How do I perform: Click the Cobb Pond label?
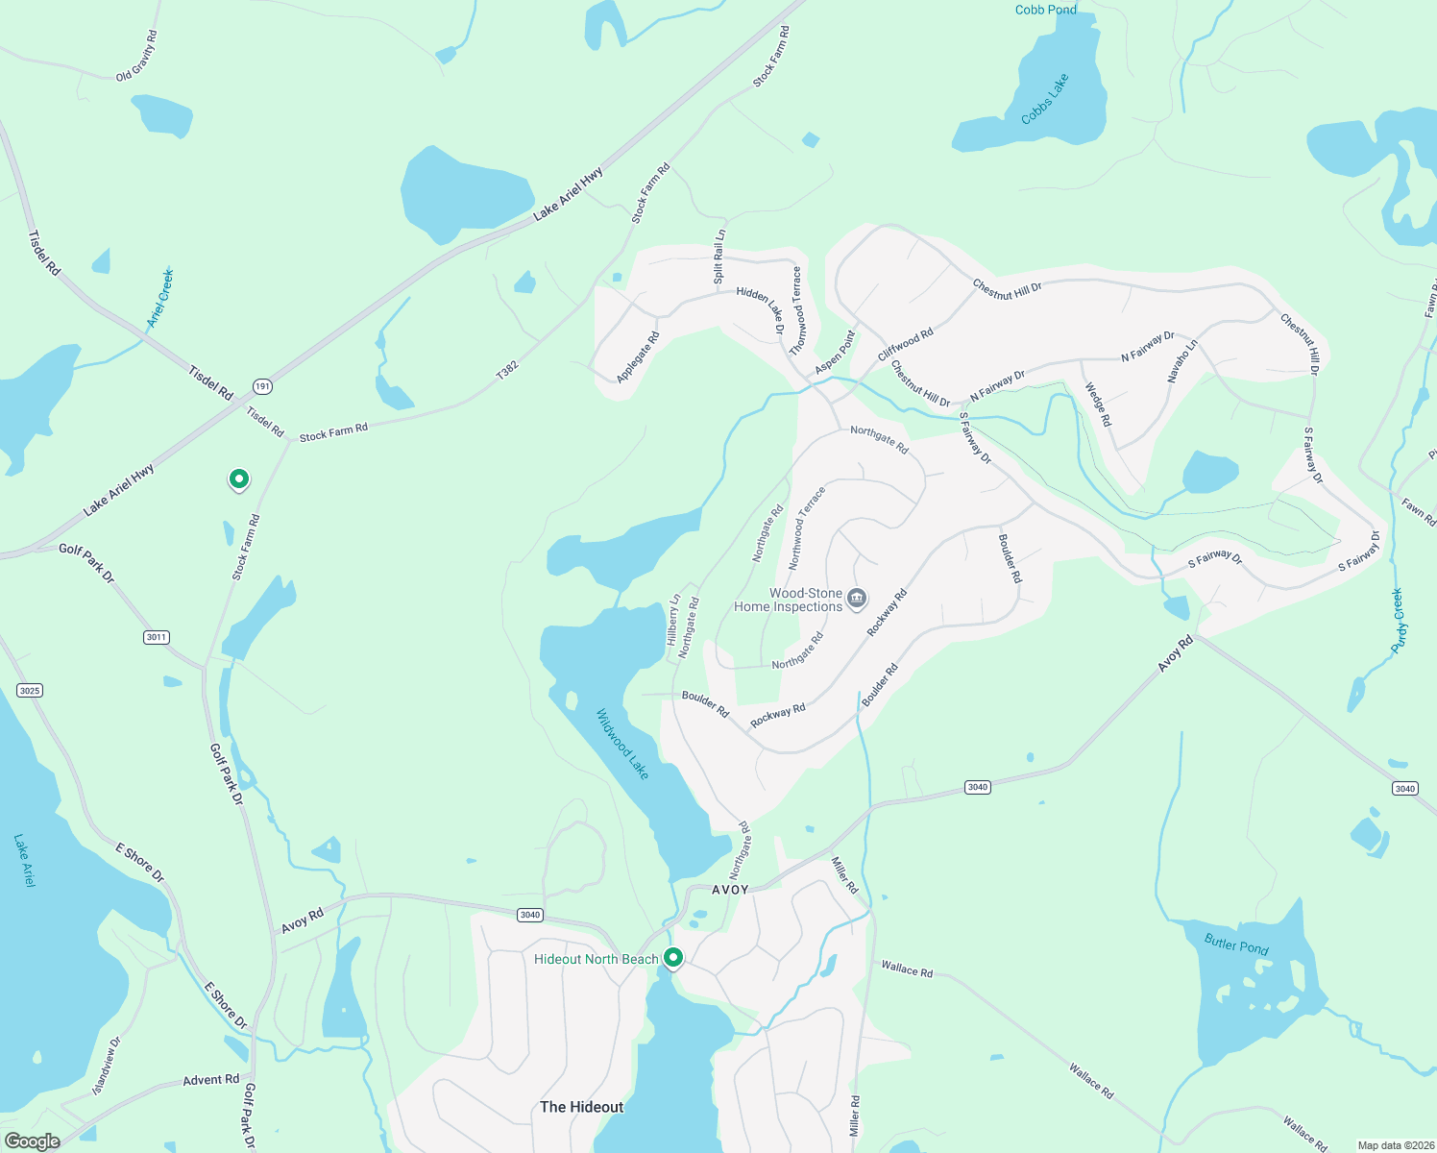[1045, 10]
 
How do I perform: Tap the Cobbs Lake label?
[1045, 100]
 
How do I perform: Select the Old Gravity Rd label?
[136, 56]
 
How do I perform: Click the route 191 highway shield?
[263, 386]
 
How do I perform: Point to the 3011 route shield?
[157, 637]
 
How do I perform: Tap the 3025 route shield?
[30, 690]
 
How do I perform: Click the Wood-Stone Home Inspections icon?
[857, 600]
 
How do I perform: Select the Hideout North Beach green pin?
[673, 958]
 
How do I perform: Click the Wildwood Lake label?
[622, 744]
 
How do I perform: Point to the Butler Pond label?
[1236, 945]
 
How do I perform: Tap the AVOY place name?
[730, 890]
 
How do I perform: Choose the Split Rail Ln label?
[719, 256]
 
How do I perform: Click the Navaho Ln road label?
[1182, 361]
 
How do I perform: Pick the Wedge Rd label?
[1098, 405]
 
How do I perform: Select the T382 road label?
[507, 371]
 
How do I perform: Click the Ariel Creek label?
[160, 298]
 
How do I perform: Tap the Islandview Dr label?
[107, 1066]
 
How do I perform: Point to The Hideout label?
[581, 1107]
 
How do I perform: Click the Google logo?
[32, 1141]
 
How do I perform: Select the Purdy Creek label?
[1399, 621]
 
